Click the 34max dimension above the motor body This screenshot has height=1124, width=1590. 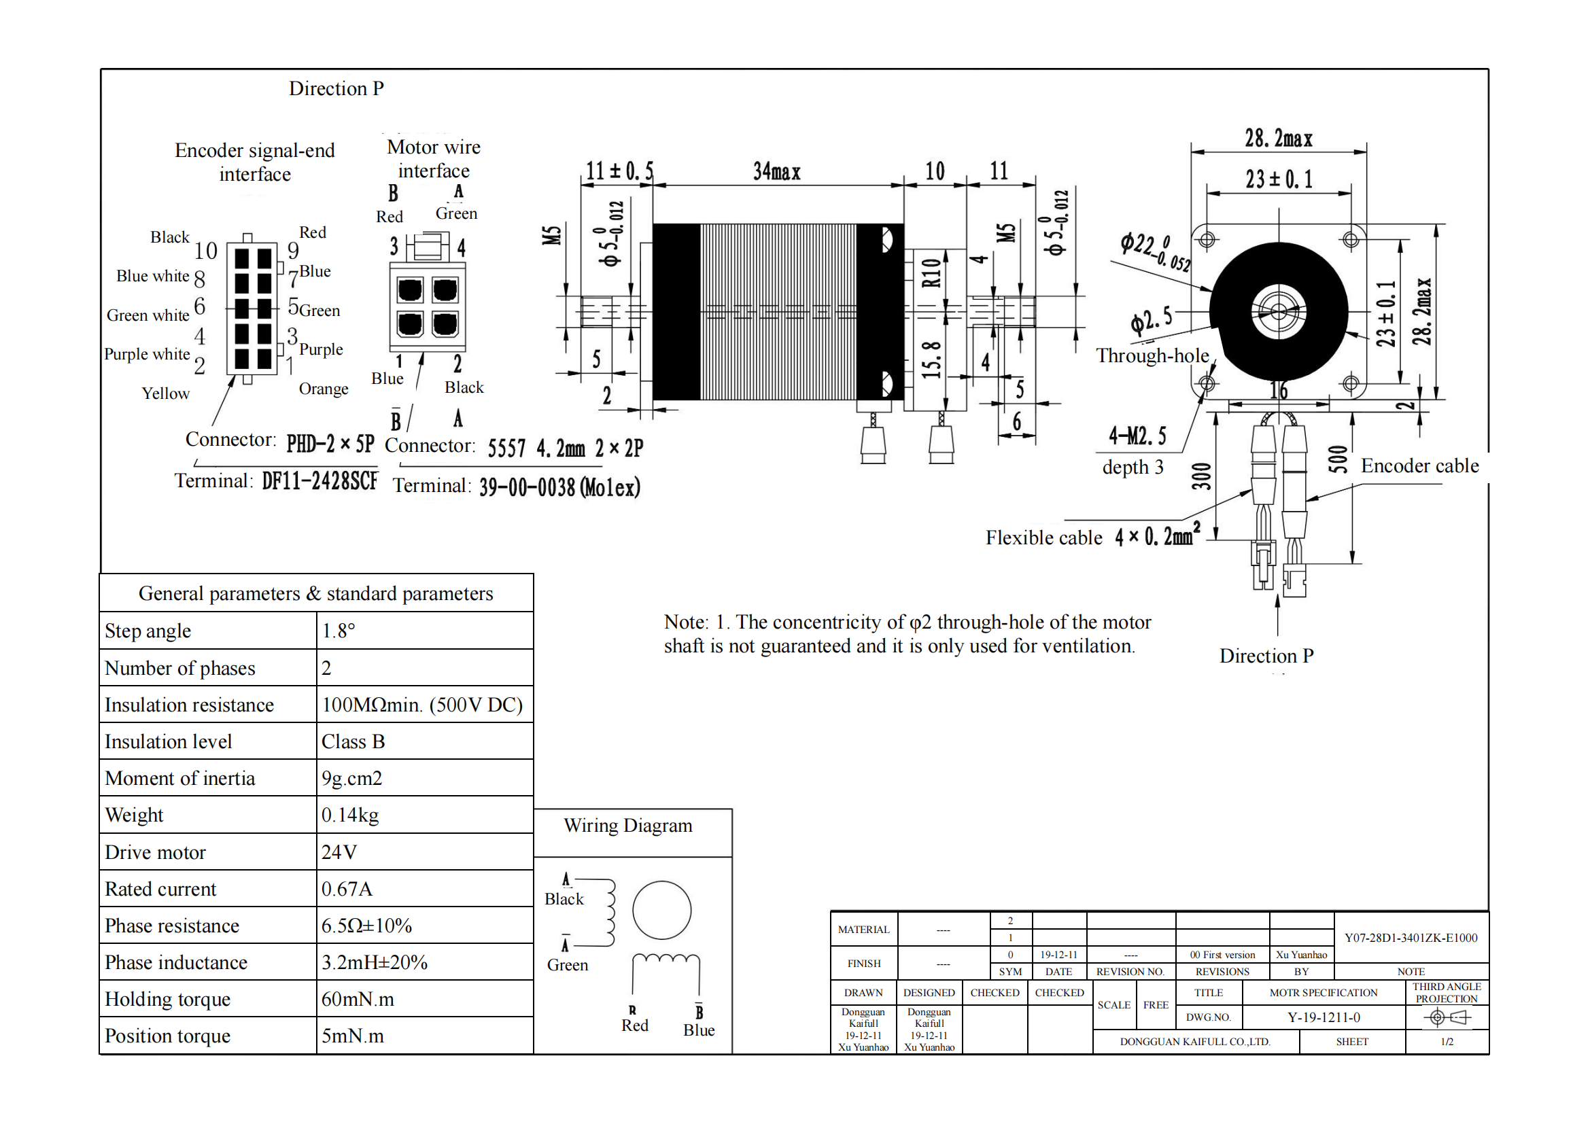coord(776,171)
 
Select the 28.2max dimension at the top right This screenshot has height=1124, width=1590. coord(1278,139)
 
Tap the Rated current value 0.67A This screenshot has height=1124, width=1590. coord(347,889)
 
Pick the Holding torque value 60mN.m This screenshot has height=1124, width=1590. coord(358,999)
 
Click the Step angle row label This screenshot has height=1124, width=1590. coord(148,631)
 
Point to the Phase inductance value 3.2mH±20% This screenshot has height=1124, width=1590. coord(374,962)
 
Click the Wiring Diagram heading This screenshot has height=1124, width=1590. coord(627,825)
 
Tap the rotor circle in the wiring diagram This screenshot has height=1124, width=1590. coord(661,909)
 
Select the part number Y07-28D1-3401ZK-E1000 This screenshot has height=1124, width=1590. coord(1411,938)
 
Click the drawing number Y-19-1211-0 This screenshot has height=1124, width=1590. coord(1324,1017)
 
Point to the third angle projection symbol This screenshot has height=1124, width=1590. coord(1446,1017)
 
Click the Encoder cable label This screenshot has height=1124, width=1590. coord(1419,466)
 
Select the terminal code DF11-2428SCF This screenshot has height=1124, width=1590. coord(320,480)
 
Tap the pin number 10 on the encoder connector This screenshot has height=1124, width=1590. coord(206,251)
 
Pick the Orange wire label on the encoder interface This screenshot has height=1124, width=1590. coord(324,389)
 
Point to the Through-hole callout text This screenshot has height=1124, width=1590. coord(1152,355)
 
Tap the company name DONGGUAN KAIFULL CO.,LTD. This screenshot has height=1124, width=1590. coord(1194,1042)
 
